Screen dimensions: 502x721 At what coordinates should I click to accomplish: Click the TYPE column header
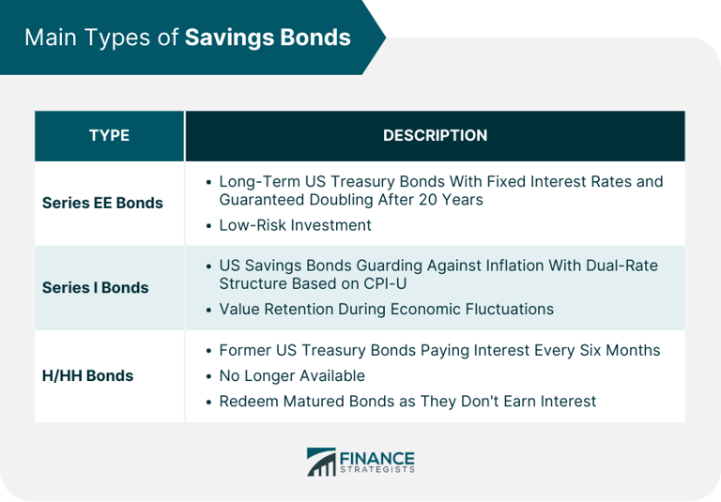coord(109,136)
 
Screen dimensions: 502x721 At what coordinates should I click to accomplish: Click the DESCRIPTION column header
coord(435,136)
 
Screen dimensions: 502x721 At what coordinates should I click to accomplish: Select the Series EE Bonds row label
coord(102,203)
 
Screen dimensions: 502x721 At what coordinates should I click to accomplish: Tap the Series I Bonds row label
coord(95,288)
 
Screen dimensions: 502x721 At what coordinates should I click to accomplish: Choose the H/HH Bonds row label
coord(87,375)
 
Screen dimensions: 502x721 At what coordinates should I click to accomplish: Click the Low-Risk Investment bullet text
coord(295,225)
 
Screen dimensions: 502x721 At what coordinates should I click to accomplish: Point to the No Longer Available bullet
coord(291,375)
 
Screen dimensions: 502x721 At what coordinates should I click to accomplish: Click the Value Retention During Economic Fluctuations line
coord(386,309)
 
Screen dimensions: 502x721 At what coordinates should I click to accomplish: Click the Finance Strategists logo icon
coord(321,462)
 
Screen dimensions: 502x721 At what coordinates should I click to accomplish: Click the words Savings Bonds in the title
coord(268,38)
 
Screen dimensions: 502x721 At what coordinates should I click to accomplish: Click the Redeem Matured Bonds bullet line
coord(407,401)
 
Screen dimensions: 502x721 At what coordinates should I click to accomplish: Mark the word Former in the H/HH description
coord(245,350)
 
